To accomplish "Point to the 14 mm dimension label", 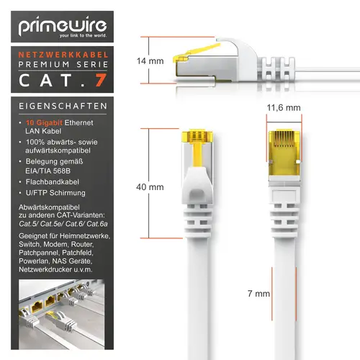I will tap(151, 61).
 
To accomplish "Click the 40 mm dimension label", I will tap(151, 187).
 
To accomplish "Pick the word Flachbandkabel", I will tap(55, 181).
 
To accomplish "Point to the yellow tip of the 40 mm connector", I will tap(196, 139).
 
